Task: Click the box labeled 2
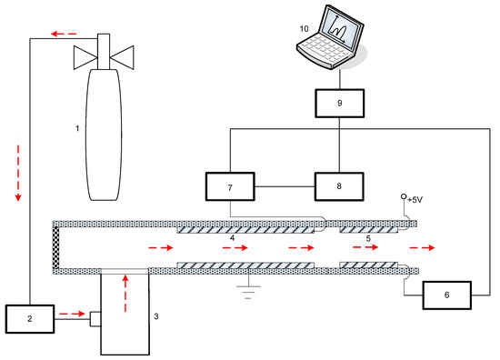click(x=30, y=319)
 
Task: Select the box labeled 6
click(x=446, y=295)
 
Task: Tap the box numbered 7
click(x=230, y=186)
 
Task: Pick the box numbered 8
click(x=339, y=186)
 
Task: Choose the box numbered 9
click(x=340, y=104)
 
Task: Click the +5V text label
click(x=415, y=200)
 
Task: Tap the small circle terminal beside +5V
click(x=404, y=196)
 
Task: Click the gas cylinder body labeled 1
click(x=104, y=135)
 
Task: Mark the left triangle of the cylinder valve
click(x=85, y=57)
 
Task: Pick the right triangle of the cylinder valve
click(x=122, y=57)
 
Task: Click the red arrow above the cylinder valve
click(x=65, y=34)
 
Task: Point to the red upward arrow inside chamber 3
click(x=125, y=294)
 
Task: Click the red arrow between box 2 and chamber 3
click(x=72, y=314)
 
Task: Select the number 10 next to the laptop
click(x=305, y=29)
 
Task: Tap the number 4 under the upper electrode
click(x=233, y=238)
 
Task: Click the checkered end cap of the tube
click(x=56, y=247)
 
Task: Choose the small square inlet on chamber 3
click(x=95, y=319)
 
